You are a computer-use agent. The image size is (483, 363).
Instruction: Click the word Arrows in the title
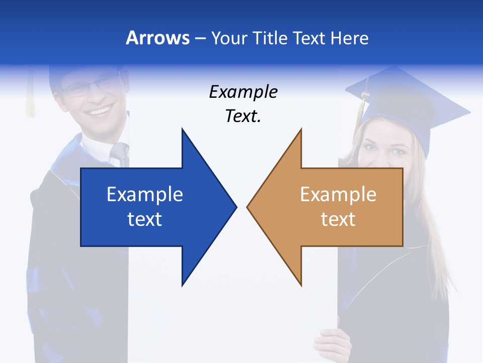(x=157, y=38)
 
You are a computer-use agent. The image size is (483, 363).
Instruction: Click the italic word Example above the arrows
(x=243, y=92)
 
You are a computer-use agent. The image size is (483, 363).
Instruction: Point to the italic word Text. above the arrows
(x=243, y=116)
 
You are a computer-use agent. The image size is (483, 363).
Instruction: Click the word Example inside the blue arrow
(x=145, y=194)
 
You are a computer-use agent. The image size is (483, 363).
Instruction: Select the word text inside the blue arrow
(x=145, y=219)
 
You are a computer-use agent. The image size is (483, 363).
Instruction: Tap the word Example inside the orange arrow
(x=338, y=194)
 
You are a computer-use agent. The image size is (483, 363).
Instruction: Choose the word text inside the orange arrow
(x=338, y=219)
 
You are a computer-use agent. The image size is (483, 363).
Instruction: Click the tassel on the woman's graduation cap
(x=361, y=108)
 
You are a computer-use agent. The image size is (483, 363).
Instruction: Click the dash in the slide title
(x=200, y=38)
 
